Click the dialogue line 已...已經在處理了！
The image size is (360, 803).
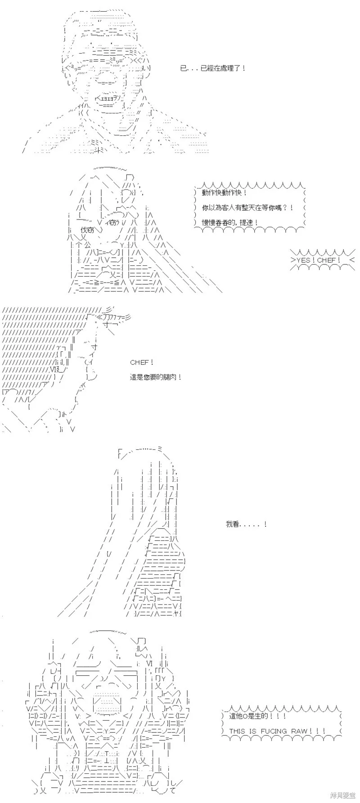click(212, 68)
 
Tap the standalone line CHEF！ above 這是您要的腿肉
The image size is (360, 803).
click(142, 362)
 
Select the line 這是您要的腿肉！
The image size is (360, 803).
click(156, 377)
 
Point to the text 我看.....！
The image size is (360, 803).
click(247, 524)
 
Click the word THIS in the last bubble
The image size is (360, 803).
click(237, 731)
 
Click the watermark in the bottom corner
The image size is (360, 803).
click(343, 795)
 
